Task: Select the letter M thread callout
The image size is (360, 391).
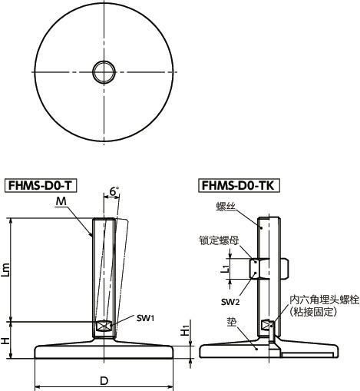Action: point(61,201)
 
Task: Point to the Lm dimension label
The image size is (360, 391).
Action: point(8,269)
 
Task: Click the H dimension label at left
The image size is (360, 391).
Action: point(8,338)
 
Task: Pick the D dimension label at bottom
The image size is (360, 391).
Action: point(103,381)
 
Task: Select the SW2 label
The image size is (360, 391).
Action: point(227,300)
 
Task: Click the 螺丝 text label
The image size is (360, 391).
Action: point(226,207)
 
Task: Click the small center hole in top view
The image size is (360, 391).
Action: point(103,72)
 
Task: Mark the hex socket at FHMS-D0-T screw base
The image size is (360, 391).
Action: point(103,326)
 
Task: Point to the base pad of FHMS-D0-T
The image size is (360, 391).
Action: point(103,352)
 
